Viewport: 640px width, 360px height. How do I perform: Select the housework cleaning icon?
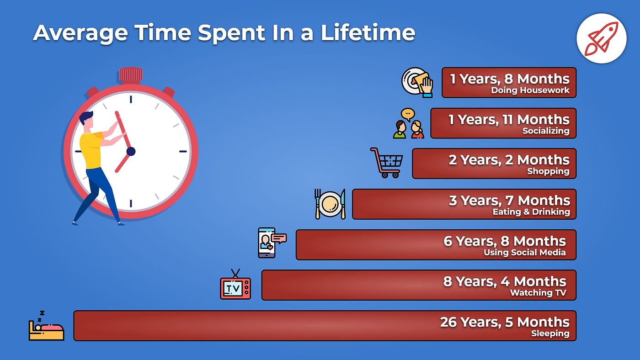point(417,82)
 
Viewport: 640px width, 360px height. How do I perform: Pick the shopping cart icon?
point(387,162)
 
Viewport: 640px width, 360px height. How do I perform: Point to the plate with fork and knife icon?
point(330,204)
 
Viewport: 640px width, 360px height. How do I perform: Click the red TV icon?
point(235,286)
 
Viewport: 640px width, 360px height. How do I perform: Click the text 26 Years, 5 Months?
point(505,322)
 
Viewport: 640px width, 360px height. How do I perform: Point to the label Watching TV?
point(538,293)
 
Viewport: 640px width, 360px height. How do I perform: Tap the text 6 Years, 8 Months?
point(505,241)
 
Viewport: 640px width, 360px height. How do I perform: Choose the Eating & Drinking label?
point(531,212)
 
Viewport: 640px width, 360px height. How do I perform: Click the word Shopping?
point(548,171)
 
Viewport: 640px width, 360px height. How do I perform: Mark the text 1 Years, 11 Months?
point(509,120)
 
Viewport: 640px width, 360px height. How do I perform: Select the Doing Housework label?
point(530,90)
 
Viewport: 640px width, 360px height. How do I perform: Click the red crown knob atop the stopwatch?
point(131,75)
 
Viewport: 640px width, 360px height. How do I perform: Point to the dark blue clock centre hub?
point(131,151)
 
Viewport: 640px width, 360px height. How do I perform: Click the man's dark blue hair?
point(86,117)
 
